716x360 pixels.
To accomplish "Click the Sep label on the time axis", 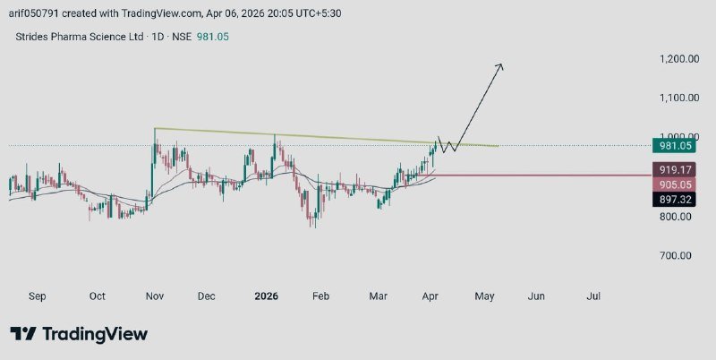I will point(38,296).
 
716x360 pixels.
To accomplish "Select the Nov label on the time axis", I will point(154,296).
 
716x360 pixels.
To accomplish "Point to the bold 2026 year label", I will point(266,296).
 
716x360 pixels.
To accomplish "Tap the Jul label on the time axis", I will point(592,296).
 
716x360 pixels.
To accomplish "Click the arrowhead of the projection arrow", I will point(501,66).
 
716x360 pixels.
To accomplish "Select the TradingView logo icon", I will point(22,334).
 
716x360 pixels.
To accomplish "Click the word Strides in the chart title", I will point(30,37).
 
